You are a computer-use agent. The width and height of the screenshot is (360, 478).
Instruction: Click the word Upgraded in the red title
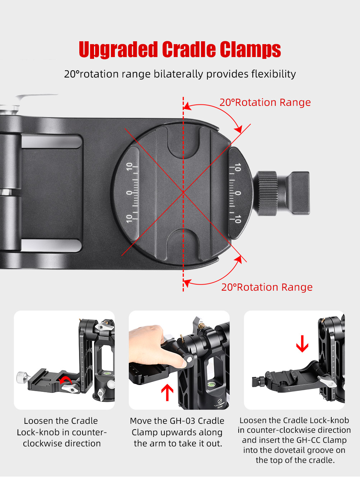[118, 50]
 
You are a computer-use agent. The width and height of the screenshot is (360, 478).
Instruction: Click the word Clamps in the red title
[250, 50]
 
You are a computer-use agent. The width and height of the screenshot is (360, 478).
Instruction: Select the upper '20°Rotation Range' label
[265, 102]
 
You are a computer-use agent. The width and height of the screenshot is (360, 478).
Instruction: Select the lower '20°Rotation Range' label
[267, 287]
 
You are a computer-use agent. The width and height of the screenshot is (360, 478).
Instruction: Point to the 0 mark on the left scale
[129, 193]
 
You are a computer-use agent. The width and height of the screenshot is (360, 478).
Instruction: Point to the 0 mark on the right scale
[238, 193]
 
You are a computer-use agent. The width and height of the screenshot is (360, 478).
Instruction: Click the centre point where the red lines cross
[183, 192]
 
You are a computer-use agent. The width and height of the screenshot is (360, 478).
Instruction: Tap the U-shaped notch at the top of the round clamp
[183, 144]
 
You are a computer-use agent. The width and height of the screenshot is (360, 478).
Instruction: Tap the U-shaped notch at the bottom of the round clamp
[183, 244]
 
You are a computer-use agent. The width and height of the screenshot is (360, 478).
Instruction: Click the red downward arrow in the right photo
[302, 344]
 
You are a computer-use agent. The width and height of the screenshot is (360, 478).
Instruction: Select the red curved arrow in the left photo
[65, 380]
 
